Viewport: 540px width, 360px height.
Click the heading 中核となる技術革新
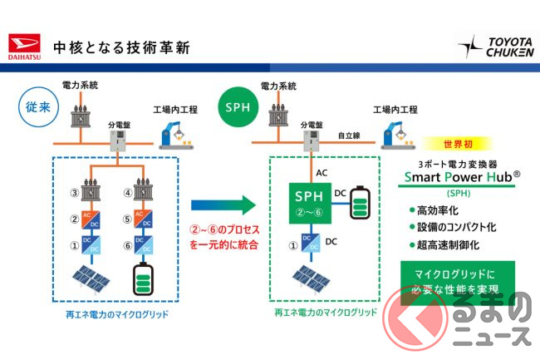click(x=120, y=46)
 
